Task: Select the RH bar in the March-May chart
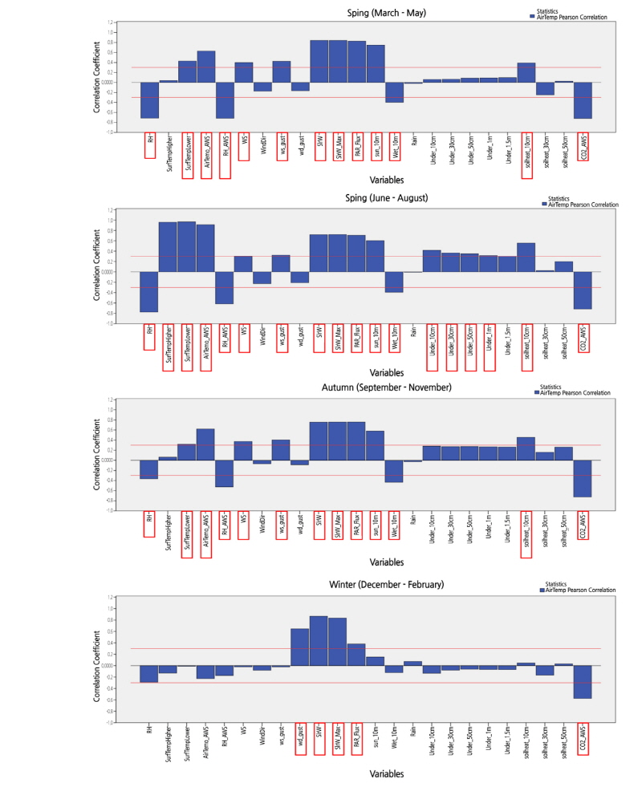point(150,99)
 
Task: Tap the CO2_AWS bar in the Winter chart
point(583,681)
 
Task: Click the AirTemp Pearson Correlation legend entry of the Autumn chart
point(575,393)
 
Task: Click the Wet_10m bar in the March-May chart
point(394,92)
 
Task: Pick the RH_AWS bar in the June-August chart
point(225,287)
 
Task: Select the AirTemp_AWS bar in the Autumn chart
point(205,444)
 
